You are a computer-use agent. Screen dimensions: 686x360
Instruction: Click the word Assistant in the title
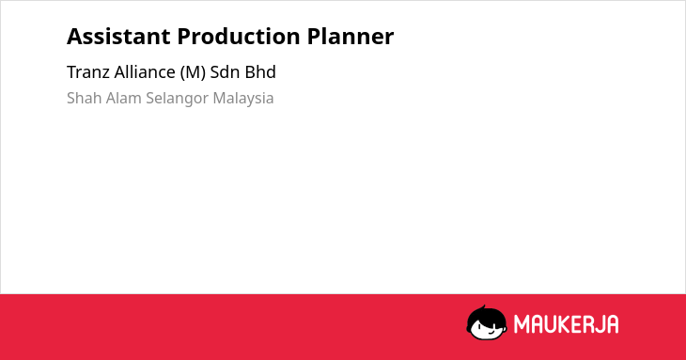[x=118, y=37]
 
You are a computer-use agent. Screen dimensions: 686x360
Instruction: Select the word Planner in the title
[x=350, y=37]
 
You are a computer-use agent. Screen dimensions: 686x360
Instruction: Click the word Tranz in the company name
[x=88, y=72]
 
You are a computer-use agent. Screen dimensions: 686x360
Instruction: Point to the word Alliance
[x=145, y=72]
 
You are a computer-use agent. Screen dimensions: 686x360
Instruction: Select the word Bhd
[x=260, y=72]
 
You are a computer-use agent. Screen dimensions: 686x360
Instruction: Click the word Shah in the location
[x=85, y=98]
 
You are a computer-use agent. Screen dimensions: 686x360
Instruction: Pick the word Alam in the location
[x=124, y=98]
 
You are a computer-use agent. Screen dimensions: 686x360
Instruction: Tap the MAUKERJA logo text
[x=566, y=324]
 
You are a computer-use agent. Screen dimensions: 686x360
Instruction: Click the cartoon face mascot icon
[x=487, y=323]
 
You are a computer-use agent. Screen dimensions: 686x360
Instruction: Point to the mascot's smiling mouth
[x=491, y=333]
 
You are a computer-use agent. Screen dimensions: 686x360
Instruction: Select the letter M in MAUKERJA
[x=521, y=324]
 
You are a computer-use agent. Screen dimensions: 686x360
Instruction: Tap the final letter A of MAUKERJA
[x=613, y=324]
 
